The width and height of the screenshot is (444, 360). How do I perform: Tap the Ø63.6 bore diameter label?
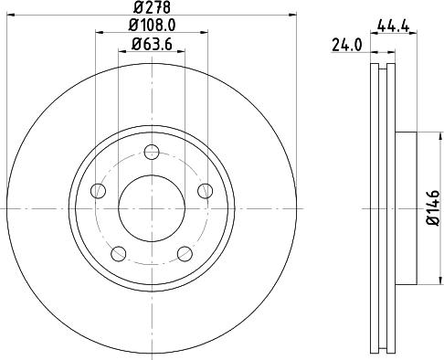[152, 44]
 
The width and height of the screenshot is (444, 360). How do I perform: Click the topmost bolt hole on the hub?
[152, 152]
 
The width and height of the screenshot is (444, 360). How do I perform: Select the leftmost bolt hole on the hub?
[99, 190]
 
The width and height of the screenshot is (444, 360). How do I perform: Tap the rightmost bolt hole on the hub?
[205, 190]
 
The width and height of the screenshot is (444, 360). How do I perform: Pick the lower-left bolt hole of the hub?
[119, 253]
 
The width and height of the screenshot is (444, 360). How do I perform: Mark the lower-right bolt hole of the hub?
[185, 253]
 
